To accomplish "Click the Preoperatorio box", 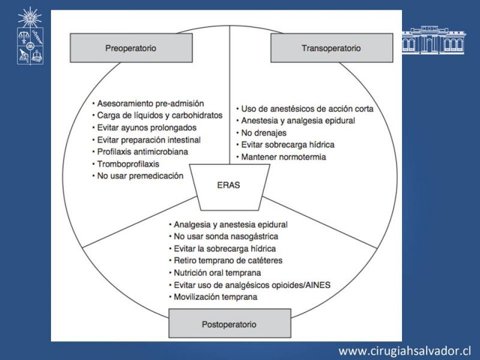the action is point(131,48).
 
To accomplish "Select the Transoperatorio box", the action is point(332,48).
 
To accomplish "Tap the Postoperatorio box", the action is point(230,323).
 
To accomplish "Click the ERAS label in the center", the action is point(229,185).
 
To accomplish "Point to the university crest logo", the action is point(30,36).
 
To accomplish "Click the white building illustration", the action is point(434,40).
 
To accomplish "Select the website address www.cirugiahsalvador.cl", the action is point(404,350).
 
